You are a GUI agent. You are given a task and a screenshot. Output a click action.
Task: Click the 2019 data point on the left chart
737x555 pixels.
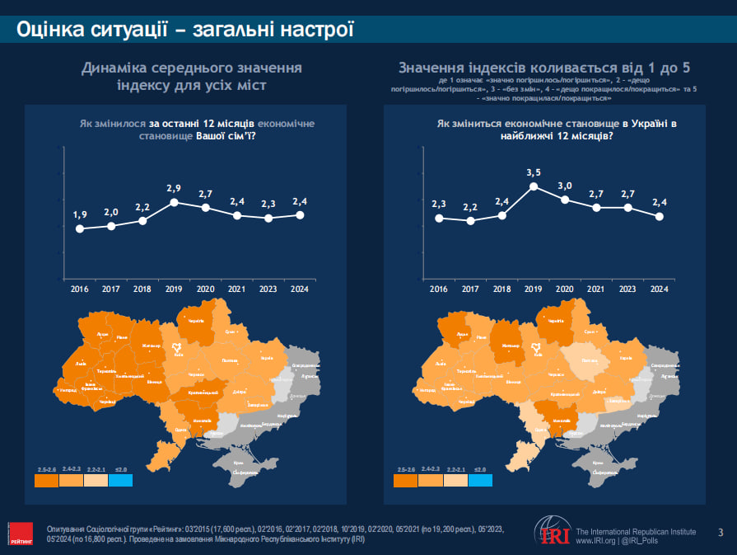coord(174,203)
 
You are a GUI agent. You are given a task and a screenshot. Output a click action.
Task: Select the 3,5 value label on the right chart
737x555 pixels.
coord(533,172)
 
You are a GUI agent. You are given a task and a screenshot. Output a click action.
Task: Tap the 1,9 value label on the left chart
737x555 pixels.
coord(80,215)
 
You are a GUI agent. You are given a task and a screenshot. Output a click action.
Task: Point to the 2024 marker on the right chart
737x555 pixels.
coord(659,217)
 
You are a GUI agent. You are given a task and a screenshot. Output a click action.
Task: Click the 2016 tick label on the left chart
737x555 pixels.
coord(80,289)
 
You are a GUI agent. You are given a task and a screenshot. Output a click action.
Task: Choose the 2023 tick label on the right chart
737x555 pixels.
coord(627,289)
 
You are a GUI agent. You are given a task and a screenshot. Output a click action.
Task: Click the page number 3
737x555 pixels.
coord(721,532)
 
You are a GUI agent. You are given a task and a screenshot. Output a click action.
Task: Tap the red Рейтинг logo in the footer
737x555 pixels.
coord(21,533)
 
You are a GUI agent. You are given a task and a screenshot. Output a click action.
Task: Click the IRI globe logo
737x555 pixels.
coord(551,532)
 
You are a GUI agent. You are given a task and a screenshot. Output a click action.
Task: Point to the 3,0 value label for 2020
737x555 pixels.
coord(565,186)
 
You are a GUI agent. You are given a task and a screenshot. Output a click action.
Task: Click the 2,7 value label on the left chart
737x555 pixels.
coord(205,194)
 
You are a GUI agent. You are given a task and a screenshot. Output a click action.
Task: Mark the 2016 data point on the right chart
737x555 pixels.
coord(439,219)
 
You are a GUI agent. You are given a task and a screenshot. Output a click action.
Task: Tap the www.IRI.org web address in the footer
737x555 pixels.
coord(595,542)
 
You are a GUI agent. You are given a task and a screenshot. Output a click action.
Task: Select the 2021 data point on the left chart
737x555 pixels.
coord(237,216)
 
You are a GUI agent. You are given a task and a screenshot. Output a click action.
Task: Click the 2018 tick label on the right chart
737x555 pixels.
coord(501,289)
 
